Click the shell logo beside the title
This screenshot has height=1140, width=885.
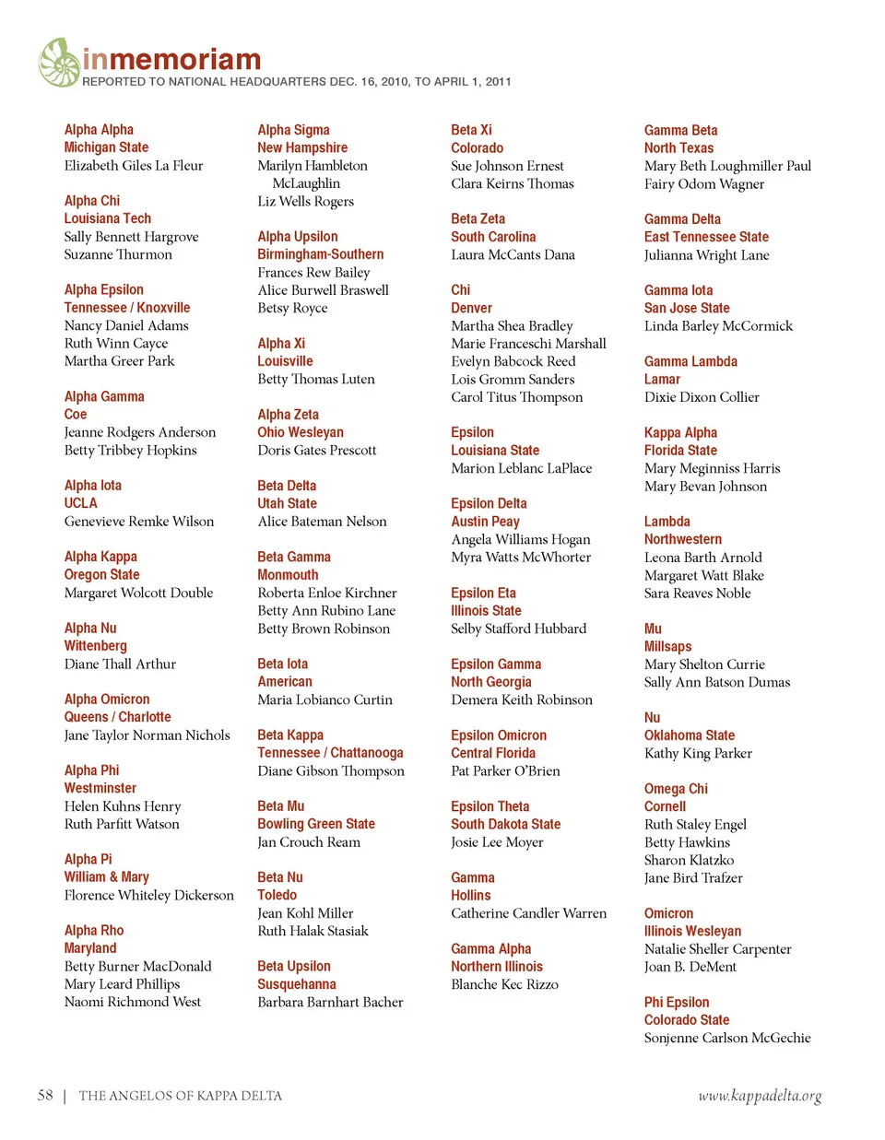[x=59, y=63]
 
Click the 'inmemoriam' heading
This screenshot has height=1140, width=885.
[x=171, y=60]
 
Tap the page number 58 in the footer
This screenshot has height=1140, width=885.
[x=45, y=1095]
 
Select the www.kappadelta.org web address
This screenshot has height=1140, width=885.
[x=759, y=1096]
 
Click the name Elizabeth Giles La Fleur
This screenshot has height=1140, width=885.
[x=134, y=166]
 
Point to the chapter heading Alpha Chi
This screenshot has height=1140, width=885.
[x=92, y=201]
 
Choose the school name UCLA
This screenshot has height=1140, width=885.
[x=80, y=503]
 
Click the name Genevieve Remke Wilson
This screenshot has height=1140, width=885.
[x=139, y=522]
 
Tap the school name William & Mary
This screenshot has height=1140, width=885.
[x=106, y=877]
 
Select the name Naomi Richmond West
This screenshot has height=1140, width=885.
[x=133, y=1002]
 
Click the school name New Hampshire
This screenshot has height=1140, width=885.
[x=302, y=147]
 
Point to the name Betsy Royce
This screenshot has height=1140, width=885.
[x=292, y=308]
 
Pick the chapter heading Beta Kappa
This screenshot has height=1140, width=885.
[x=290, y=735]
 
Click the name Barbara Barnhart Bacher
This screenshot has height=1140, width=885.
[x=330, y=1003]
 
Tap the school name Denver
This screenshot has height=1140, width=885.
[x=471, y=308]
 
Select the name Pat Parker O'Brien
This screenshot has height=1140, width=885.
[x=505, y=771]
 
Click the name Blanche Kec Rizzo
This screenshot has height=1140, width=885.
[x=504, y=984]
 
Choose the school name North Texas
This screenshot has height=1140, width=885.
[x=678, y=148]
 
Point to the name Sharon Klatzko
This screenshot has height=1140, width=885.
[x=689, y=860]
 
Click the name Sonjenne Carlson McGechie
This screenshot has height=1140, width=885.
[x=727, y=1038]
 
